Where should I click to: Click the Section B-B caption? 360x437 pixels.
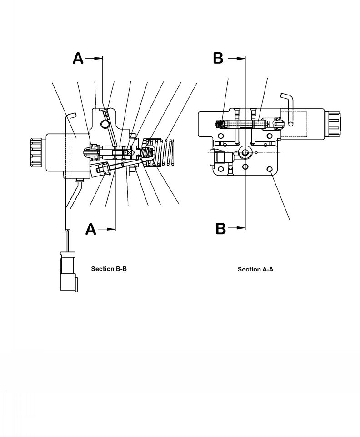[x=109, y=269]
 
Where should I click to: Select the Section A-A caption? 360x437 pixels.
[x=255, y=269]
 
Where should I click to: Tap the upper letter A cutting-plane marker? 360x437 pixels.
[x=78, y=59]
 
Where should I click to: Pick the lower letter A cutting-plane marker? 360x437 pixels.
[x=91, y=229]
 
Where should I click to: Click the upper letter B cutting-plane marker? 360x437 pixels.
[x=219, y=59]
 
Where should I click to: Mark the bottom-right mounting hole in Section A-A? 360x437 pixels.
[x=271, y=169]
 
